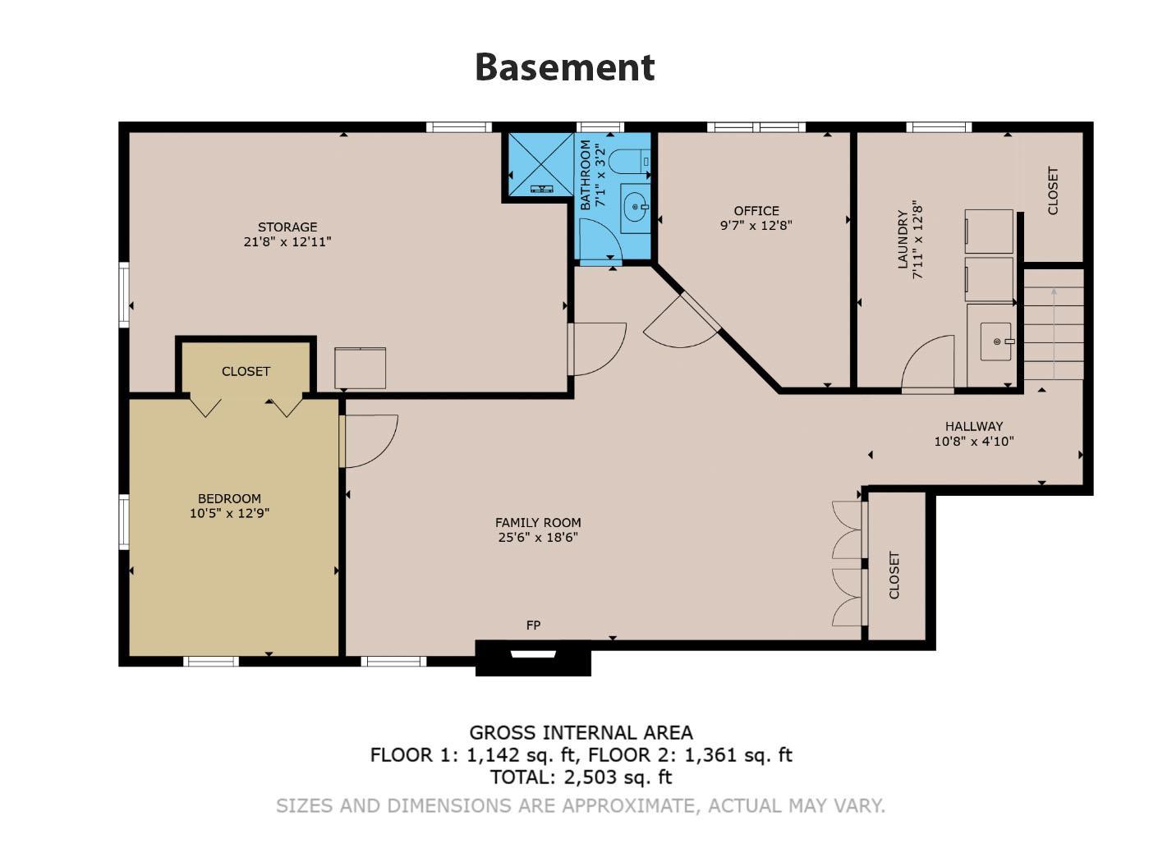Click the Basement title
(x=564, y=68)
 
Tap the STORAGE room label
(x=287, y=227)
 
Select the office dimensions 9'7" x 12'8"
(x=756, y=226)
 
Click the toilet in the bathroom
(x=630, y=162)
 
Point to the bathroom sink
(x=636, y=207)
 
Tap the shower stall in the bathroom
(x=540, y=164)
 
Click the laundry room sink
(x=996, y=341)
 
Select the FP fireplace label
(x=533, y=625)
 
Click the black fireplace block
(x=533, y=658)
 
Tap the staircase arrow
(x=1054, y=333)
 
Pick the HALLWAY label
(x=974, y=426)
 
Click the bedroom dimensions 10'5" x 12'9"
(x=229, y=513)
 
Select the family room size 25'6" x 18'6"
(x=538, y=537)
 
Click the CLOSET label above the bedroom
(x=246, y=371)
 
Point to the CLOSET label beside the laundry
(x=1053, y=190)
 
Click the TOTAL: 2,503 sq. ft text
(x=581, y=777)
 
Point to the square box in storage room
(x=361, y=368)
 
